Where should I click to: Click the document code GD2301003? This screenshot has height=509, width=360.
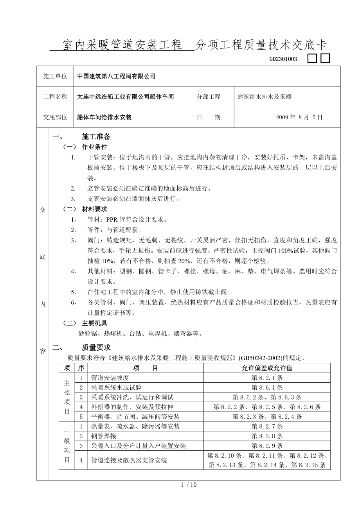[283, 59]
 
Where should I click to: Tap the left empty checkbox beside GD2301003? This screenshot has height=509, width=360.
[312, 59]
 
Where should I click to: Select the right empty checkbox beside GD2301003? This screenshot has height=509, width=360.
[326, 59]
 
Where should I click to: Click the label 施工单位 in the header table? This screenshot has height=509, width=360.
[55, 76]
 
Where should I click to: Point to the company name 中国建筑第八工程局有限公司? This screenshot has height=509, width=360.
[116, 76]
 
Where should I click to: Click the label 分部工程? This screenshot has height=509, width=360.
[209, 97]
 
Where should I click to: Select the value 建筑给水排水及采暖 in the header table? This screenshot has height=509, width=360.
[265, 97]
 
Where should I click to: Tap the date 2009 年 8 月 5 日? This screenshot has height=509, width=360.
[299, 117]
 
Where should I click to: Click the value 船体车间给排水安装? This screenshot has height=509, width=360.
[104, 117]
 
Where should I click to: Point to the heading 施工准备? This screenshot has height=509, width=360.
[96, 137]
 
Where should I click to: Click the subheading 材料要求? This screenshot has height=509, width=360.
[94, 209]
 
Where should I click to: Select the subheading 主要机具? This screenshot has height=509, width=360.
[94, 323]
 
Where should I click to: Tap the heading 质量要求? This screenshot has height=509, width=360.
[96, 348]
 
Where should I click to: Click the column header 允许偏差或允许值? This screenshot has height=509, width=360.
[267, 368]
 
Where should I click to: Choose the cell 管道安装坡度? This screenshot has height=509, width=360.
[110, 378]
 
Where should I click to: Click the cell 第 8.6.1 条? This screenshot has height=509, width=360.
[267, 387]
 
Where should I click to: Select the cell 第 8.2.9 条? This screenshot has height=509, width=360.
[267, 446]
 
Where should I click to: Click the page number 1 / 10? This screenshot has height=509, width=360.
[189, 485]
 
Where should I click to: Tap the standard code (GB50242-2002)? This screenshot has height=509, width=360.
[259, 357]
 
